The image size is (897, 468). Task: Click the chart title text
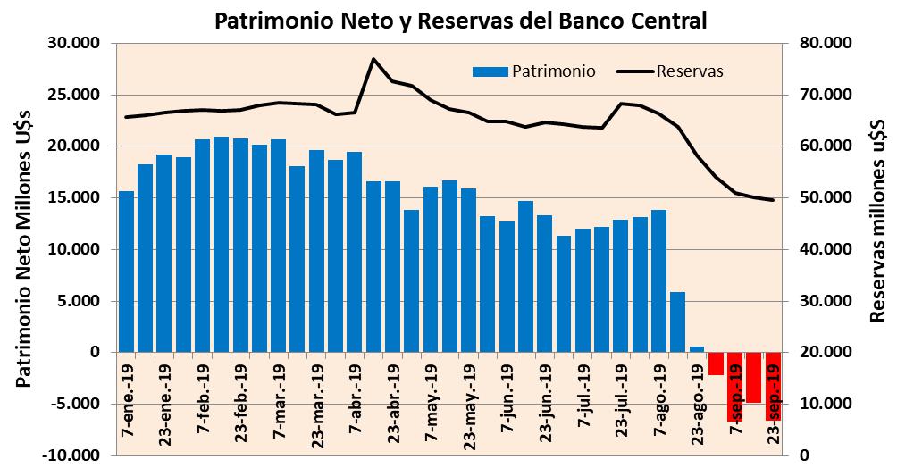coord(461,20)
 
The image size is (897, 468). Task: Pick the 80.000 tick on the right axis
coord(824,44)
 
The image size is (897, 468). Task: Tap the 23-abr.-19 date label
coord(392,396)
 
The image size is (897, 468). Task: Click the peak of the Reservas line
coord(373,59)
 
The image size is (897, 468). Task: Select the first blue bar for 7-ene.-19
coord(127,272)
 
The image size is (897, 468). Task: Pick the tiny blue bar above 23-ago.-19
coord(697,349)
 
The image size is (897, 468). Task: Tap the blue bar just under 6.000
coord(678,322)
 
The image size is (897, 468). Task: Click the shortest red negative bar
coord(716,363)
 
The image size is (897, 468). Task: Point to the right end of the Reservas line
coord(773,200)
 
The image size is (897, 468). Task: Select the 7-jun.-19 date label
coord(507,394)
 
